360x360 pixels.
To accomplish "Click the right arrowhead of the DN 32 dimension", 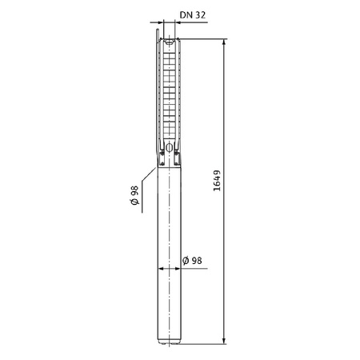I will click(x=178, y=22).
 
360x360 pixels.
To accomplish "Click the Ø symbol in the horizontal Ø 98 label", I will click(x=185, y=261).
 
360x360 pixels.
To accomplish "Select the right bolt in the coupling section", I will click(x=178, y=152).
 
